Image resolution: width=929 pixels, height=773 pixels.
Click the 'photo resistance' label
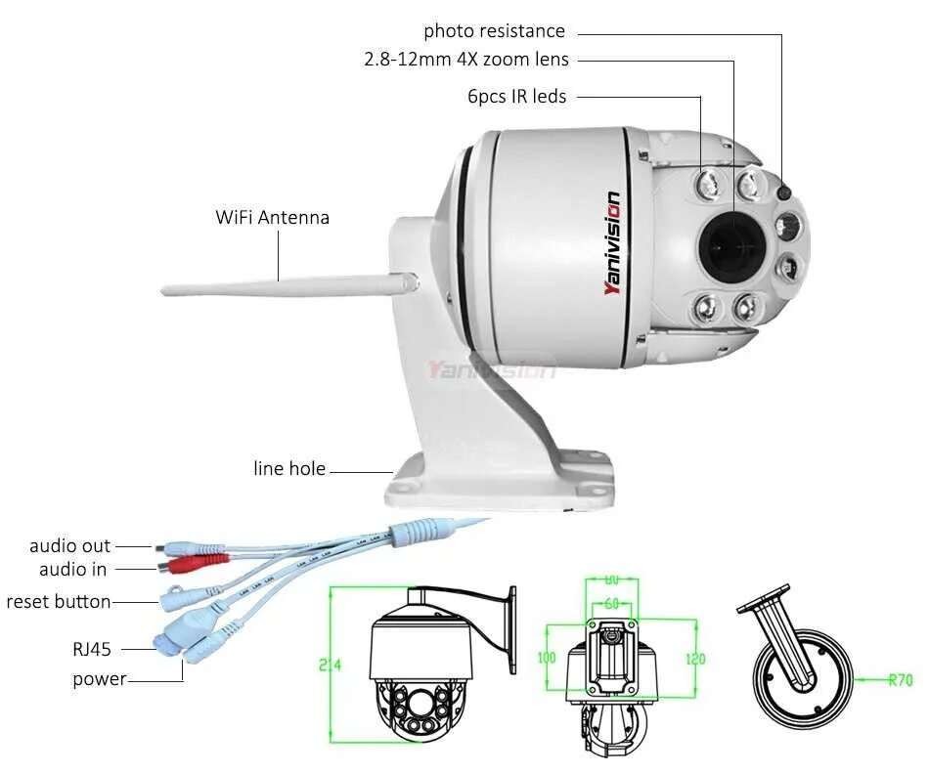[x=494, y=31]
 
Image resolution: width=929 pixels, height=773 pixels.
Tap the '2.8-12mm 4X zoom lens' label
[x=465, y=60]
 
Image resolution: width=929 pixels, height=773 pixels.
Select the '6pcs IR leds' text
[x=516, y=96]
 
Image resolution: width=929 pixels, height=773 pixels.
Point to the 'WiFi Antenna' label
[x=272, y=217]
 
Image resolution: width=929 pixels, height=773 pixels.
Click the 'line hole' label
[x=289, y=469]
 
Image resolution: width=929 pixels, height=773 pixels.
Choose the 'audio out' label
[x=69, y=546]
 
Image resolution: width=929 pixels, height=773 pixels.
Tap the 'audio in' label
[x=73, y=569]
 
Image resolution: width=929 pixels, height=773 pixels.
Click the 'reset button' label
[x=59, y=601]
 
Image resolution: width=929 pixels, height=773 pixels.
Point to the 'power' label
[x=99, y=678]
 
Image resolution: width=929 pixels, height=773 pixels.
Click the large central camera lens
[x=730, y=240]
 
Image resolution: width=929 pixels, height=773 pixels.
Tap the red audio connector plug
[x=196, y=564]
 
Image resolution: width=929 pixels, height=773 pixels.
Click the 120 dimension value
[x=694, y=659]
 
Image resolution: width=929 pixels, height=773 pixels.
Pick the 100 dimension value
[x=547, y=658]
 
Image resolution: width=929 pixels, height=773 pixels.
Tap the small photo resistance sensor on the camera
[x=784, y=193]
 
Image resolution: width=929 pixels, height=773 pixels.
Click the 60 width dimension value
[x=611, y=604]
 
